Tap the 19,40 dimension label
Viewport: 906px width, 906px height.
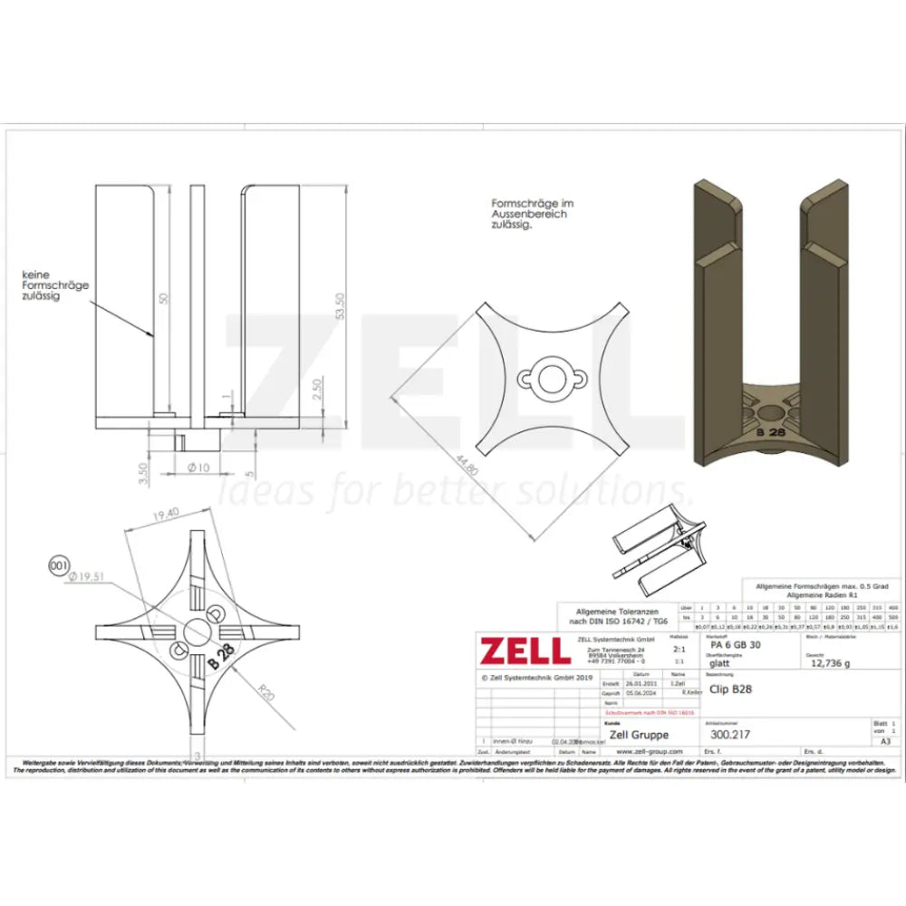(x=168, y=513)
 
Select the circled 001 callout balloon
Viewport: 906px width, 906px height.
(x=60, y=567)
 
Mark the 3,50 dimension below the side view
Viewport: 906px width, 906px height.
(x=141, y=475)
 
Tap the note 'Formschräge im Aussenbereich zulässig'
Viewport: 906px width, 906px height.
(x=529, y=215)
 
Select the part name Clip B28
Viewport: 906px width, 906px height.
(x=730, y=689)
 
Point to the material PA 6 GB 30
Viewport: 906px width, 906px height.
(x=737, y=645)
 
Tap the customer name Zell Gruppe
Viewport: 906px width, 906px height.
(x=640, y=735)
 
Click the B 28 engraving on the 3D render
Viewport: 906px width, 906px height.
(x=769, y=433)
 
